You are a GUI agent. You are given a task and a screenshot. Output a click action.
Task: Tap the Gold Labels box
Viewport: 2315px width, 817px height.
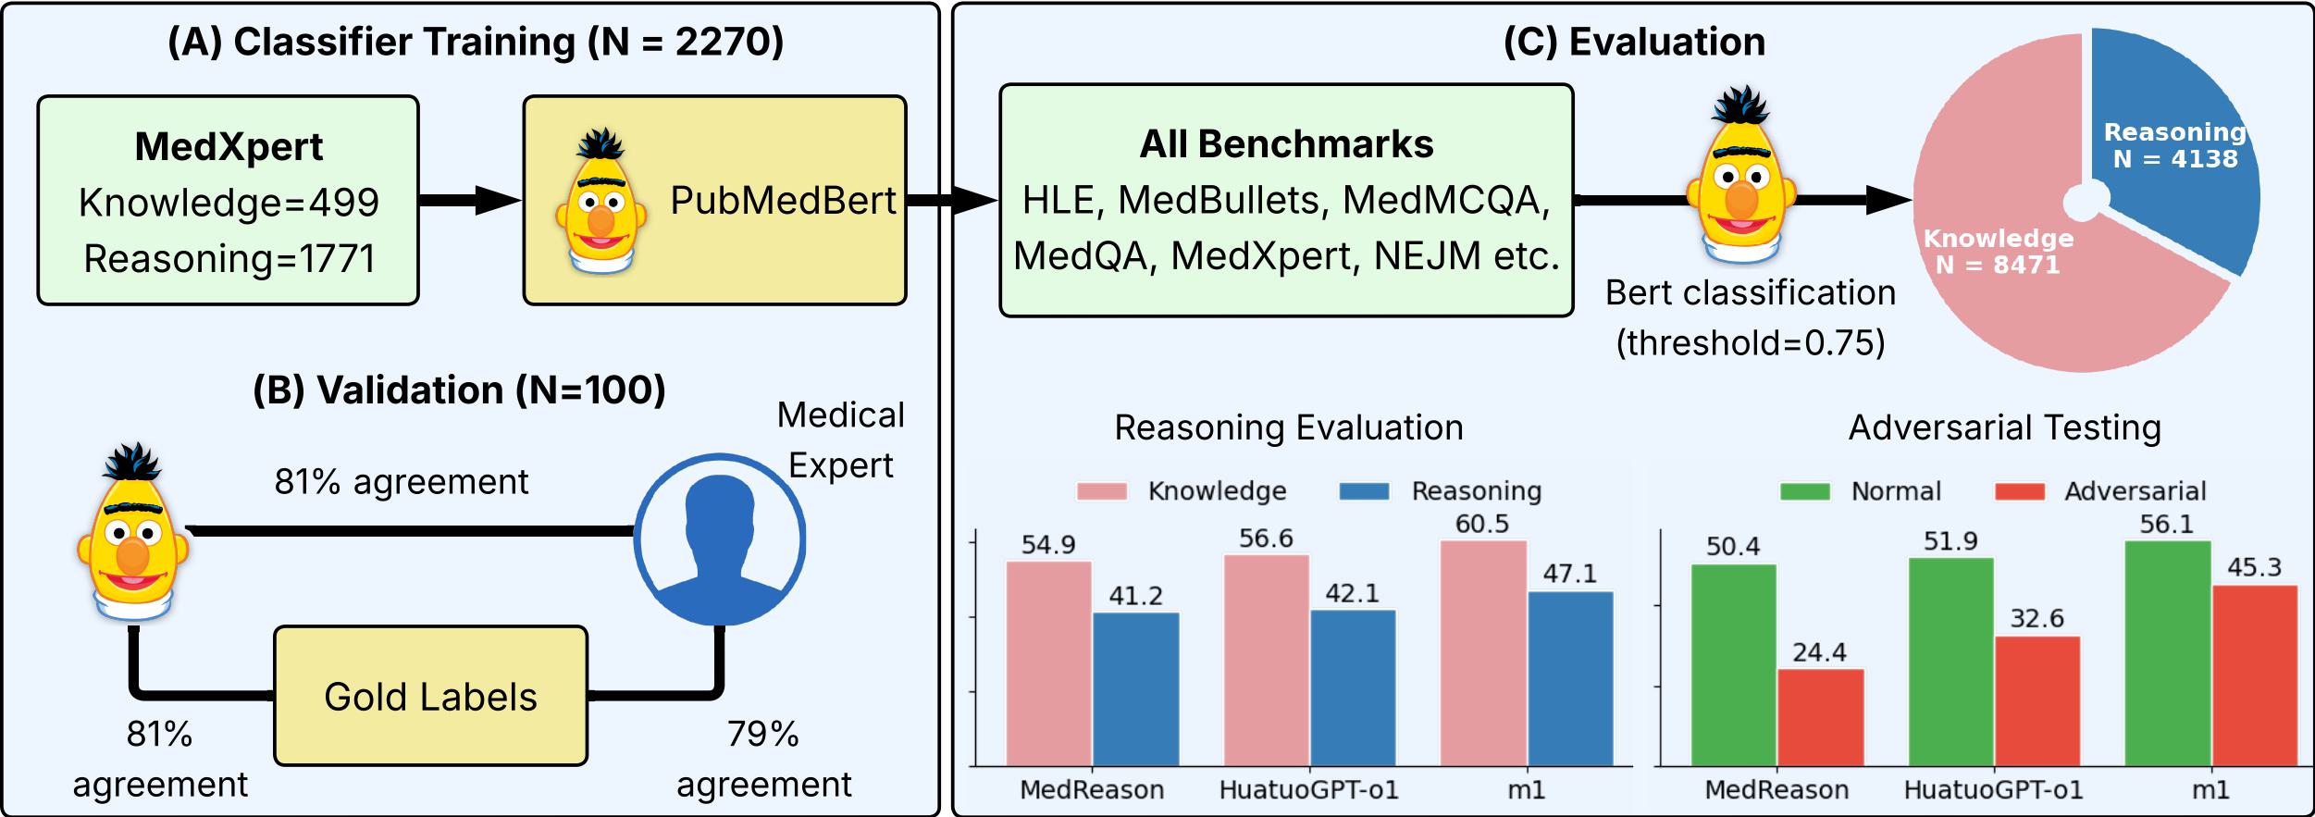pos(430,696)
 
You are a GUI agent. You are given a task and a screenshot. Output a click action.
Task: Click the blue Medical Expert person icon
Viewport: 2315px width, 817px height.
pos(719,538)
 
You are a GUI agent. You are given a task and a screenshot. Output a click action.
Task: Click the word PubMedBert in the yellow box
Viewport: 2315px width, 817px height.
pos(783,201)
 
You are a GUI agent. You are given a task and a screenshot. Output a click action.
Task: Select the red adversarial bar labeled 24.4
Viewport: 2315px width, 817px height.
pos(1820,717)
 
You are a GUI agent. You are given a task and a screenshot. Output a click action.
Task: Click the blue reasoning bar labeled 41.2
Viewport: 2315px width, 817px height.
pos(1135,689)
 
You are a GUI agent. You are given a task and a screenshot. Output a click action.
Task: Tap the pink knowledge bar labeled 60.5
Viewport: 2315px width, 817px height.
pos(1482,653)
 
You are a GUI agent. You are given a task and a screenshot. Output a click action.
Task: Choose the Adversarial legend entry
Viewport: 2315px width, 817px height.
pos(2100,491)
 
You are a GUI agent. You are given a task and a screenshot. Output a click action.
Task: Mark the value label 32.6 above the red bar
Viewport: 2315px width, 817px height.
pos(2036,618)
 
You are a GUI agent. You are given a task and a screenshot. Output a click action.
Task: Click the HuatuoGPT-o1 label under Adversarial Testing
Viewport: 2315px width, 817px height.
pos(1993,789)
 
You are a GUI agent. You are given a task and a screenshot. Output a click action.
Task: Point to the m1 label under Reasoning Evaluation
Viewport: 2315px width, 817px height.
pos(1526,789)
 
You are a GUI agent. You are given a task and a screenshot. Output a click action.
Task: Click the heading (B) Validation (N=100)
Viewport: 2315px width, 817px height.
pos(459,390)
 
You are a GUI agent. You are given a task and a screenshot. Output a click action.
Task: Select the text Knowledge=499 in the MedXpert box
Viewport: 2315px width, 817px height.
pos(229,203)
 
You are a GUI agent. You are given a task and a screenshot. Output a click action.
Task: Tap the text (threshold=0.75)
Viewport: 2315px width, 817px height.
pos(1750,343)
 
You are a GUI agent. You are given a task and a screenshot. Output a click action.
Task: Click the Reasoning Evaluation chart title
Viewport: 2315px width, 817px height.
pos(1288,427)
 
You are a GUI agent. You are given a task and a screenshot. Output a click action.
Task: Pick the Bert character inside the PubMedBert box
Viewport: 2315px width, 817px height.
pos(600,201)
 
